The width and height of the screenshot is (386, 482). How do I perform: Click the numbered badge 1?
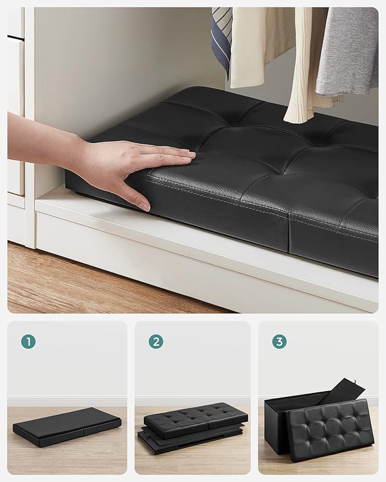28,341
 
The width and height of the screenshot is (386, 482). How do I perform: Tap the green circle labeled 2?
156,341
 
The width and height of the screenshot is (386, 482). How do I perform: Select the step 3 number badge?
279,341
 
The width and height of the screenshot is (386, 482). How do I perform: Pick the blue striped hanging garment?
222,40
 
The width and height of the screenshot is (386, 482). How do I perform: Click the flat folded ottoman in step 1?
67,426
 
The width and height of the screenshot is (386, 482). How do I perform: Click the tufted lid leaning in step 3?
330,429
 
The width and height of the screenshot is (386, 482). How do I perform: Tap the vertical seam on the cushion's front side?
289,235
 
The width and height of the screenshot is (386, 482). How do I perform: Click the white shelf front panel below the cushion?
188,255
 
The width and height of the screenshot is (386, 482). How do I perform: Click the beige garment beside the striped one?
247,45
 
